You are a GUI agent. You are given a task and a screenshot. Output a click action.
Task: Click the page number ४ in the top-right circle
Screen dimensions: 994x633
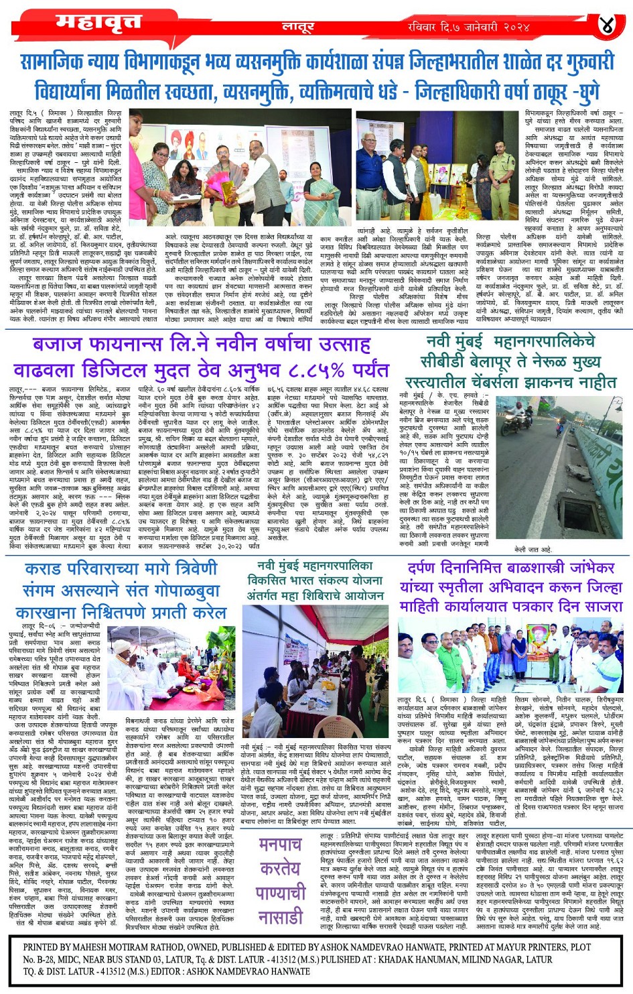[607, 26]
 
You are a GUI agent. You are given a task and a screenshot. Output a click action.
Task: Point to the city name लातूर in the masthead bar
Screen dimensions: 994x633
[297, 27]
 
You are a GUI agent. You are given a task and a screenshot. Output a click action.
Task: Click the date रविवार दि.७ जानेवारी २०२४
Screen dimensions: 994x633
[469, 27]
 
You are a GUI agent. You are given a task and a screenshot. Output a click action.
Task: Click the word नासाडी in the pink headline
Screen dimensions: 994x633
[281, 917]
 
